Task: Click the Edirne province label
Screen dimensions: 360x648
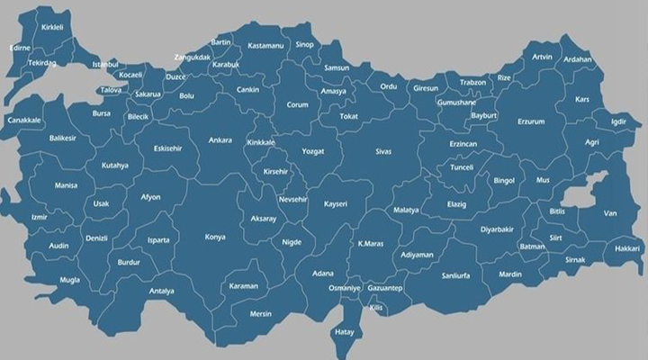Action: (x=20, y=47)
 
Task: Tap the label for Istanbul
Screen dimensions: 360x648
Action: (x=105, y=65)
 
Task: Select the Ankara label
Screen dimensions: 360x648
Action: (x=220, y=140)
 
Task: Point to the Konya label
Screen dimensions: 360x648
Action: (x=215, y=237)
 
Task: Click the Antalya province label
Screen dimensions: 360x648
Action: (x=162, y=291)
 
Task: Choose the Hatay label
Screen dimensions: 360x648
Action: (x=345, y=331)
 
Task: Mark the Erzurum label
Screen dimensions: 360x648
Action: (x=531, y=121)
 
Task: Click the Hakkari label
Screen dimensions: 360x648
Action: (x=627, y=247)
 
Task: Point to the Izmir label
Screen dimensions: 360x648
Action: (x=39, y=217)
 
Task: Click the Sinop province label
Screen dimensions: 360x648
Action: (x=305, y=44)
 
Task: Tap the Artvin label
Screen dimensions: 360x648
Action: (x=543, y=57)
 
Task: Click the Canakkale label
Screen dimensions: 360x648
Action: (x=23, y=120)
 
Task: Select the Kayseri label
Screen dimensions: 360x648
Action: (x=336, y=204)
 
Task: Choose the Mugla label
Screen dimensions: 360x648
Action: (x=44, y=280)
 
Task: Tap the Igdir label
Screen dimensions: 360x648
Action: (x=618, y=121)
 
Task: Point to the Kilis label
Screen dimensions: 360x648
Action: (x=376, y=309)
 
